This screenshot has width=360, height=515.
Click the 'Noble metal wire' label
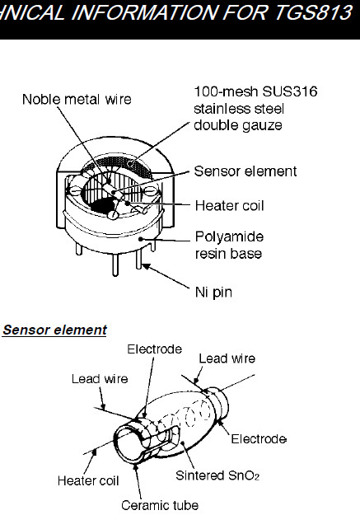[77, 99]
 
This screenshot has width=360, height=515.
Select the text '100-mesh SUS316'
[255, 91]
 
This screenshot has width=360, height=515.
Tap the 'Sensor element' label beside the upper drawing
[245, 171]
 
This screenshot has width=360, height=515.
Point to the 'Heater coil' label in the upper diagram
[229, 206]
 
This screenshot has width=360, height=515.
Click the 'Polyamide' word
[229, 236]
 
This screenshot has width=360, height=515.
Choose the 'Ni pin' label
[214, 292]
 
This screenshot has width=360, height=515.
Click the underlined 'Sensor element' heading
[55, 330]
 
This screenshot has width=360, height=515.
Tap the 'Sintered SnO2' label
[217, 475]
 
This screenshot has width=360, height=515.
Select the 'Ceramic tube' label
[160, 505]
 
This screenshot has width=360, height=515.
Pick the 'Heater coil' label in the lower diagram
[88, 481]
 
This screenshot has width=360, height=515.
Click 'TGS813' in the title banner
[313, 13]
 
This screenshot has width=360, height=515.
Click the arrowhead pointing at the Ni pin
[147, 266]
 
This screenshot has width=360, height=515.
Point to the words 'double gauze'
[238, 125]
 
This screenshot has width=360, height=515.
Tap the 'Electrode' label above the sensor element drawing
[154, 349]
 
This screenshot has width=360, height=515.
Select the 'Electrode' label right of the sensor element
[259, 439]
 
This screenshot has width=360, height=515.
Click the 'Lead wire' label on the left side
[100, 379]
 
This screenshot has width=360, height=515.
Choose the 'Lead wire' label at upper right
[227, 358]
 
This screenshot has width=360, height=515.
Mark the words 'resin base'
[228, 254]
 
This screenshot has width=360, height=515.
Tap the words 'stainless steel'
[239, 109]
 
